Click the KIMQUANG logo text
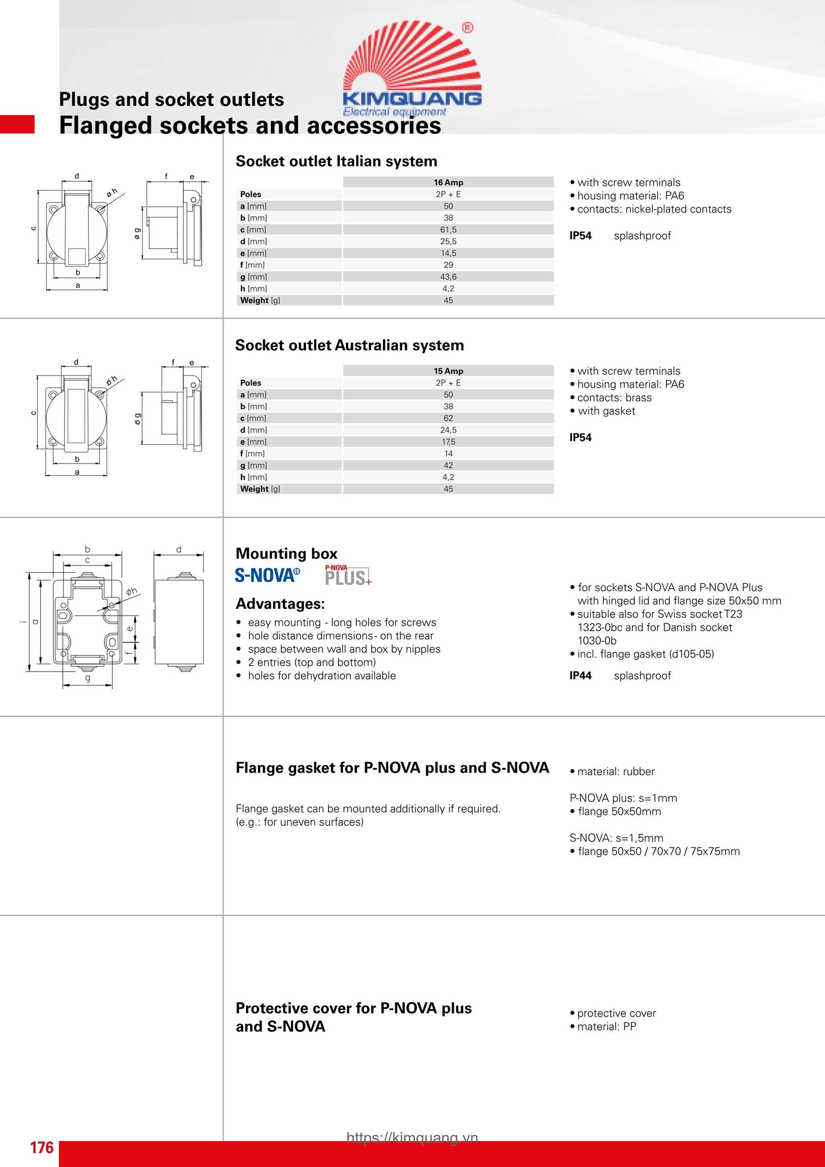click(x=412, y=98)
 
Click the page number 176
click(x=42, y=1147)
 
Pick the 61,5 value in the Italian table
click(x=448, y=230)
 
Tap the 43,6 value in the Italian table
click(x=448, y=277)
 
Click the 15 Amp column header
click(x=448, y=371)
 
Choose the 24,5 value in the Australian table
click(x=448, y=430)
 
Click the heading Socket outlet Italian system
click(x=336, y=162)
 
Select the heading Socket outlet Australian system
click(x=349, y=346)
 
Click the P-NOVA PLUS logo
click(x=348, y=575)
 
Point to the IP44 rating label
click(x=581, y=675)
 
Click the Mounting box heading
click(x=286, y=553)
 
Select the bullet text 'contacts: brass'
click(x=614, y=398)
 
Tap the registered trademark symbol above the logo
click(x=467, y=28)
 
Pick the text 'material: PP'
click(x=606, y=1026)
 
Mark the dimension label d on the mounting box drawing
click(x=178, y=550)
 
